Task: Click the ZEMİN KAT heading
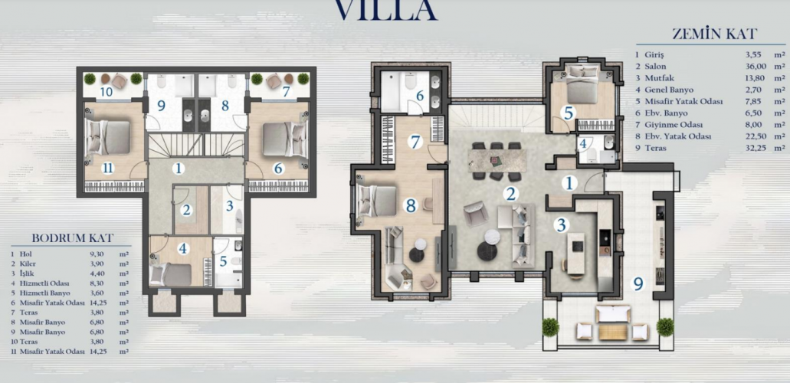pyautogui.click(x=714, y=34)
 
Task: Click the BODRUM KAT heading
pyautogui.click(x=73, y=238)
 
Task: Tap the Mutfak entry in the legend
pyautogui.click(x=659, y=78)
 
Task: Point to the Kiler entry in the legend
pyautogui.click(x=28, y=264)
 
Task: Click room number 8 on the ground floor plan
pyautogui.click(x=411, y=205)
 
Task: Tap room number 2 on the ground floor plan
pyautogui.click(x=511, y=194)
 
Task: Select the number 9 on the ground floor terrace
pyautogui.click(x=638, y=285)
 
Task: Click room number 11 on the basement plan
pyautogui.click(x=108, y=168)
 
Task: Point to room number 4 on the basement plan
pyautogui.click(x=183, y=248)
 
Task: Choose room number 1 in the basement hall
pyautogui.click(x=179, y=169)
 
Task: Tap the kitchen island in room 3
pyautogui.click(x=576, y=254)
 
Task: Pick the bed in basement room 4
pyautogui.click(x=171, y=275)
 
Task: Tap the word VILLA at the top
pyautogui.click(x=386, y=9)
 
